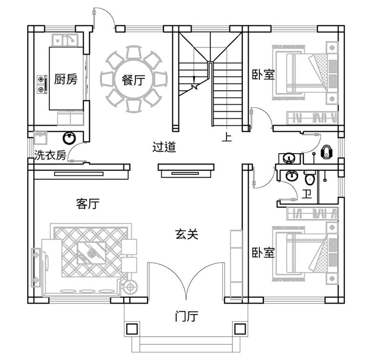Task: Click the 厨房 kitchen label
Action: [65, 79]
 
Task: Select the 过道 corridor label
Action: [164, 147]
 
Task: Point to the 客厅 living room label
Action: [87, 204]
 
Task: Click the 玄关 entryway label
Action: [186, 234]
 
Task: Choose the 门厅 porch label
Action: [187, 316]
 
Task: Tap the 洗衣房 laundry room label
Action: [50, 155]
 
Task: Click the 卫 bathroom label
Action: [307, 193]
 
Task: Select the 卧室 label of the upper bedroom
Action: [263, 74]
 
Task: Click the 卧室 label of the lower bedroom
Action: [263, 252]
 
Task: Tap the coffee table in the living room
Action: [91, 252]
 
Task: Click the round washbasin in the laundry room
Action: [69, 139]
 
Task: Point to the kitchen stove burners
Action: [42, 84]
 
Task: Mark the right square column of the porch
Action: [239, 329]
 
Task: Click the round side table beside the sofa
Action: [129, 287]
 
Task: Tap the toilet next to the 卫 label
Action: [310, 179]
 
